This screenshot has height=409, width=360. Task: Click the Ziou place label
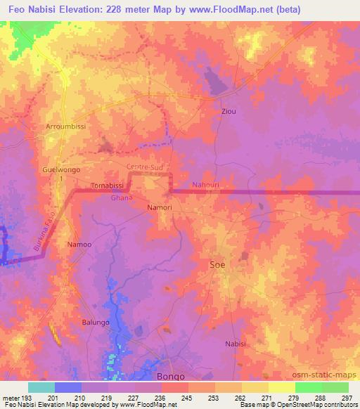tap(229, 112)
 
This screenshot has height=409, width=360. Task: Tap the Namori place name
tap(160, 208)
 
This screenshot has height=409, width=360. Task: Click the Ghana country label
tap(122, 198)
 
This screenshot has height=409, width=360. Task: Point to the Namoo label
tap(78, 245)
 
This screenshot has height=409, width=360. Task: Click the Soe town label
tap(218, 265)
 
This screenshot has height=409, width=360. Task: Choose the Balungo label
tap(96, 322)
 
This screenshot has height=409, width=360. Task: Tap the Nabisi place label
tap(236, 343)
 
